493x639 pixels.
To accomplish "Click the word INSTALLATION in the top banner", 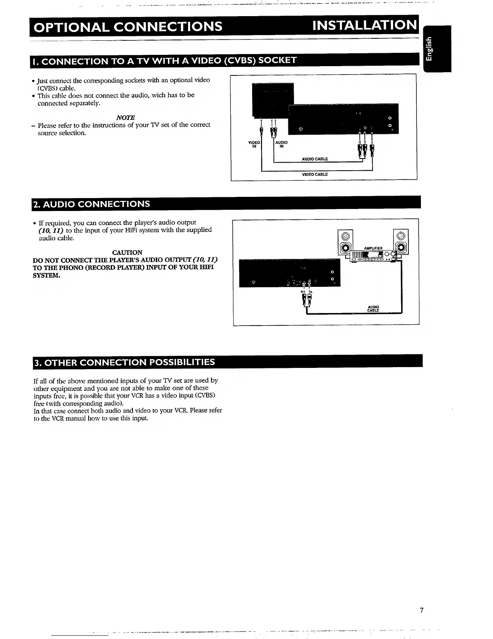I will [365, 25].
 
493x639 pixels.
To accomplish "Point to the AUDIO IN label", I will [281, 144].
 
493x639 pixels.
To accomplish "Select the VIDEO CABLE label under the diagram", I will [315, 174].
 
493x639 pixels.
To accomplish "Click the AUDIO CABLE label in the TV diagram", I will [315, 159].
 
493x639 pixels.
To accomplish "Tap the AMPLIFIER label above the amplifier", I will [373, 248].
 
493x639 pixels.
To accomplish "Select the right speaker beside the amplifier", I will [401, 242].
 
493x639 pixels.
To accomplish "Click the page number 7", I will [421, 610].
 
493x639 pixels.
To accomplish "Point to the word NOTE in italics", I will [125, 117].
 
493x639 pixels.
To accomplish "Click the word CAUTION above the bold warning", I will [127, 253].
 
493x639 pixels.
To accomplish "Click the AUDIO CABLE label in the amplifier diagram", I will [373, 309].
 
